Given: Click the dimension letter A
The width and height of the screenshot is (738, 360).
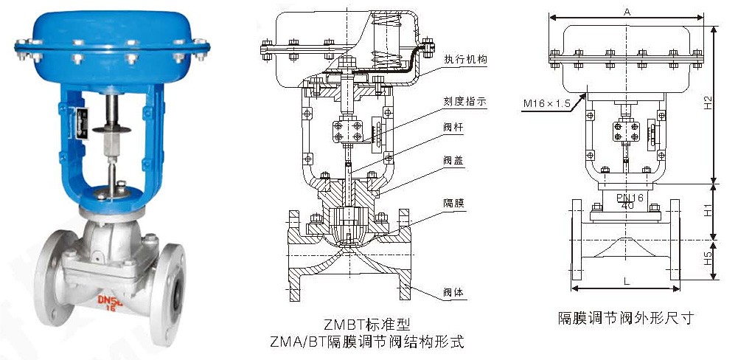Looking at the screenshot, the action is pyautogui.click(x=627, y=13).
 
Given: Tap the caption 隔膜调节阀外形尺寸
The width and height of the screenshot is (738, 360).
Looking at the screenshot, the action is pyautogui.click(x=626, y=318).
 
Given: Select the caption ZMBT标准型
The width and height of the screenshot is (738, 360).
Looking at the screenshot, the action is pyautogui.click(x=367, y=325).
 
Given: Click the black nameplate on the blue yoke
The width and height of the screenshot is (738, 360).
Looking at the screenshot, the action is pyautogui.click(x=83, y=123).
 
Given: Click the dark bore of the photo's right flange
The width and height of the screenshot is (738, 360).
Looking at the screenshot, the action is pyautogui.click(x=177, y=297).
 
